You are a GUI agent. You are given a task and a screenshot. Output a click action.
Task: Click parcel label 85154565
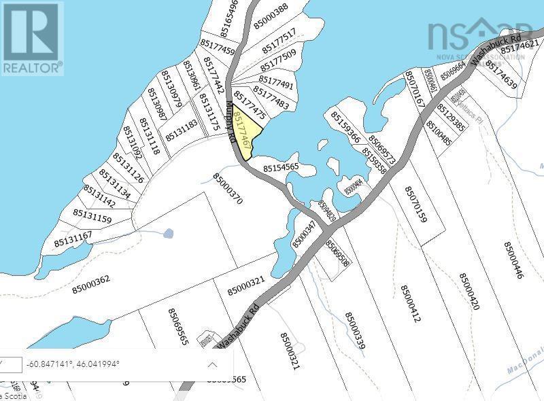282,167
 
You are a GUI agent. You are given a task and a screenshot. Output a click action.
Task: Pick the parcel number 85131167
73,238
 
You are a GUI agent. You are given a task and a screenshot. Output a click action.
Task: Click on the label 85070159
415,205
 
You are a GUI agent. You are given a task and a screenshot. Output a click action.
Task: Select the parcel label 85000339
356,332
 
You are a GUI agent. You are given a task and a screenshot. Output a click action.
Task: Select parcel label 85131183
180,129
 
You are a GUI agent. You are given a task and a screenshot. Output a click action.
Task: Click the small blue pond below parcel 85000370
168,233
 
